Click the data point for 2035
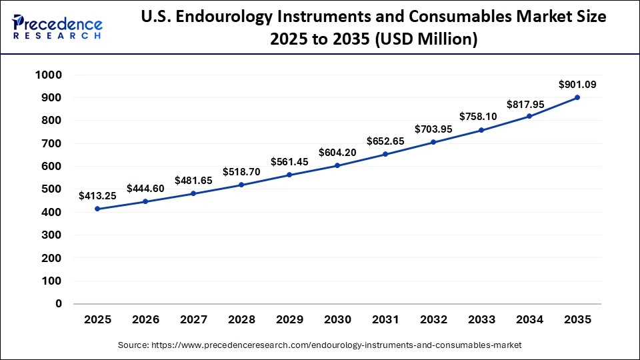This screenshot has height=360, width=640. click(577, 97)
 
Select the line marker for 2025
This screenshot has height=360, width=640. click(97, 209)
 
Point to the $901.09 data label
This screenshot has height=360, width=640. click(577, 84)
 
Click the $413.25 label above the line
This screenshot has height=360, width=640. click(97, 196)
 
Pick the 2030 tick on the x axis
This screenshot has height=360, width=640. click(337, 320)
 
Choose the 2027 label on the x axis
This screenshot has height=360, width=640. click(193, 320)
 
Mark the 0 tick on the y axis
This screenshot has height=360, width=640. click(59, 303)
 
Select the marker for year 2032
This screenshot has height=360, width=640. click(433, 142)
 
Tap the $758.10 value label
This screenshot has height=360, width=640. click(481, 117)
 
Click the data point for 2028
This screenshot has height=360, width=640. click(241, 185)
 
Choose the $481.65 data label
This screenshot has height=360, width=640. click(193, 181)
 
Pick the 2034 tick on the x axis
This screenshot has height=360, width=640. click(529, 320)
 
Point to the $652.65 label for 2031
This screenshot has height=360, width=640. click(385, 141)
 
